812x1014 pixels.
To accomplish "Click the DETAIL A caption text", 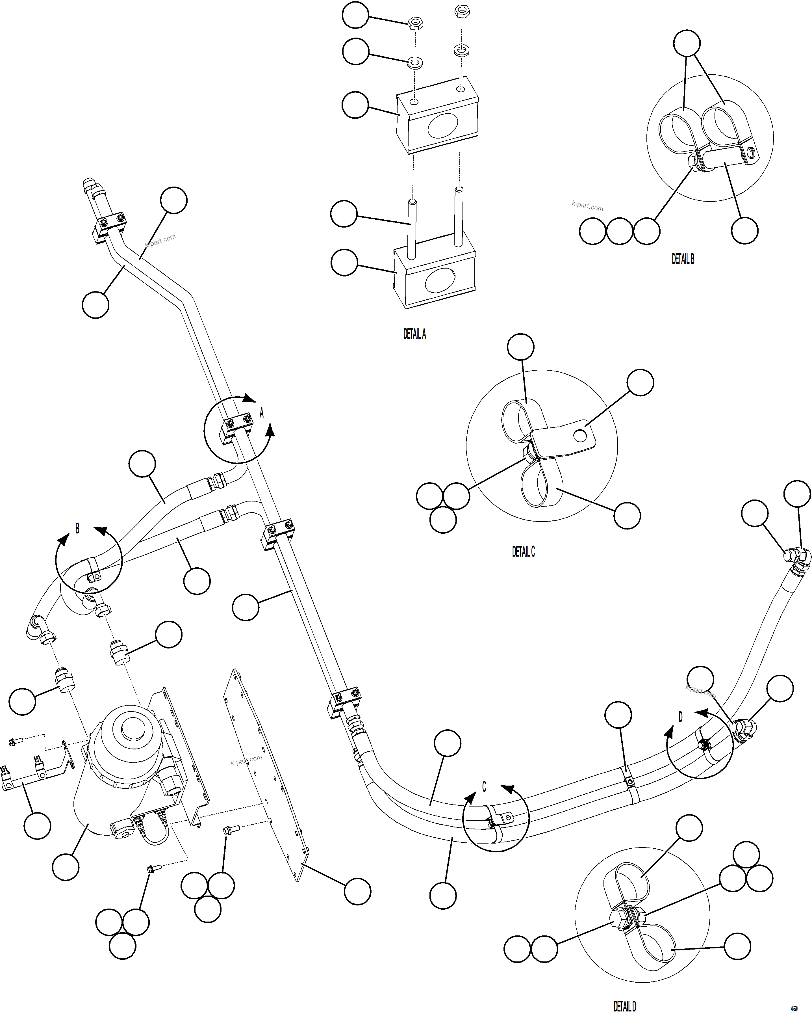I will pyautogui.click(x=414, y=334).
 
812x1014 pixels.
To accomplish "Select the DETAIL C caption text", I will pyautogui.click(x=523, y=552).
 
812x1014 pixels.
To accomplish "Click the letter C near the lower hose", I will pyautogui.click(x=484, y=787).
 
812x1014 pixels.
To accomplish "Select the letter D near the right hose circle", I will pyautogui.click(x=680, y=717).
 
